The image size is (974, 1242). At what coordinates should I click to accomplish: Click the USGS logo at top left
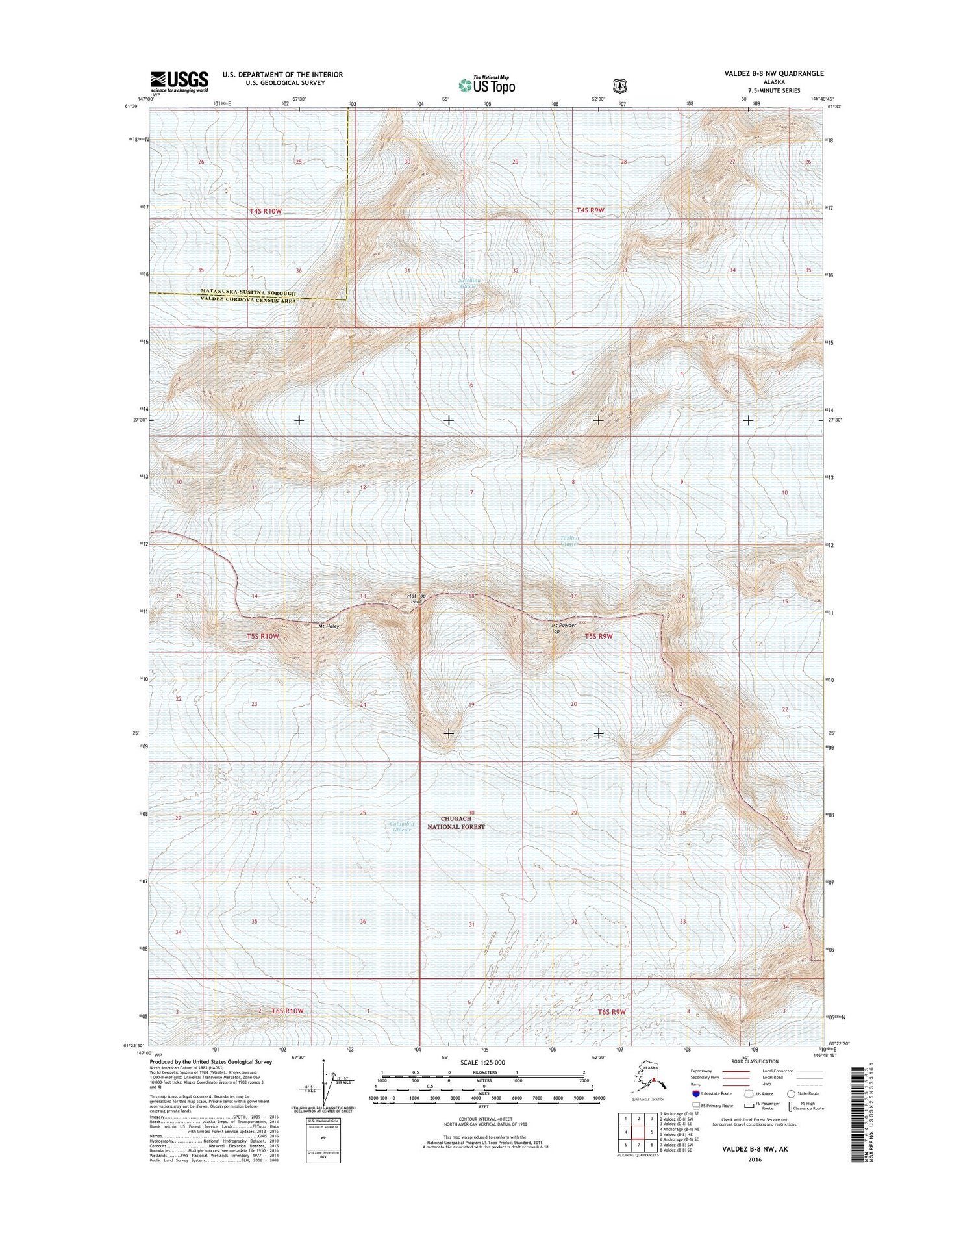tap(180, 82)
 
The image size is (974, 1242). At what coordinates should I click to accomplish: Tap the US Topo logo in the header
tap(487, 84)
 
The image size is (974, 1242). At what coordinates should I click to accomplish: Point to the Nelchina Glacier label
tap(469, 283)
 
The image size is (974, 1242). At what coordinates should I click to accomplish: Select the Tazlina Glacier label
tap(569, 540)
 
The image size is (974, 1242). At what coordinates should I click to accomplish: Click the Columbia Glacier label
tap(401, 826)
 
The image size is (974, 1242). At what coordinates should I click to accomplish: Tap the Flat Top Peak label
tap(416, 598)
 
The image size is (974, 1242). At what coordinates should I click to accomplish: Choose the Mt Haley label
tap(329, 626)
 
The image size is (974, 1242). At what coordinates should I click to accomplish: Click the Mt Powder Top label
tap(564, 627)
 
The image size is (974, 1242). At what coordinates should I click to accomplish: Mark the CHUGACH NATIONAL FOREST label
tap(456, 822)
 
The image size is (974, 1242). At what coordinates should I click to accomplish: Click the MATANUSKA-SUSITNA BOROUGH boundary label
tap(248, 293)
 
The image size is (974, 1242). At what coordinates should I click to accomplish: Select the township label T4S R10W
tap(266, 211)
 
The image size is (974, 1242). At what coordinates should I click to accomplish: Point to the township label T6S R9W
tap(611, 1011)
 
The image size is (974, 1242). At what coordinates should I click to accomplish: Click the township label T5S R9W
tap(599, 636)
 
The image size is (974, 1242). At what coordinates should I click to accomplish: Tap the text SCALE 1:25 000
tap(482, 1062)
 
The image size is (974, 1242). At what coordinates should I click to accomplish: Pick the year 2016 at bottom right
tap(755, 1160)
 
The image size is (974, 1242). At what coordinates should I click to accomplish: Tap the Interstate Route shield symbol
tap(696, 1093)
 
